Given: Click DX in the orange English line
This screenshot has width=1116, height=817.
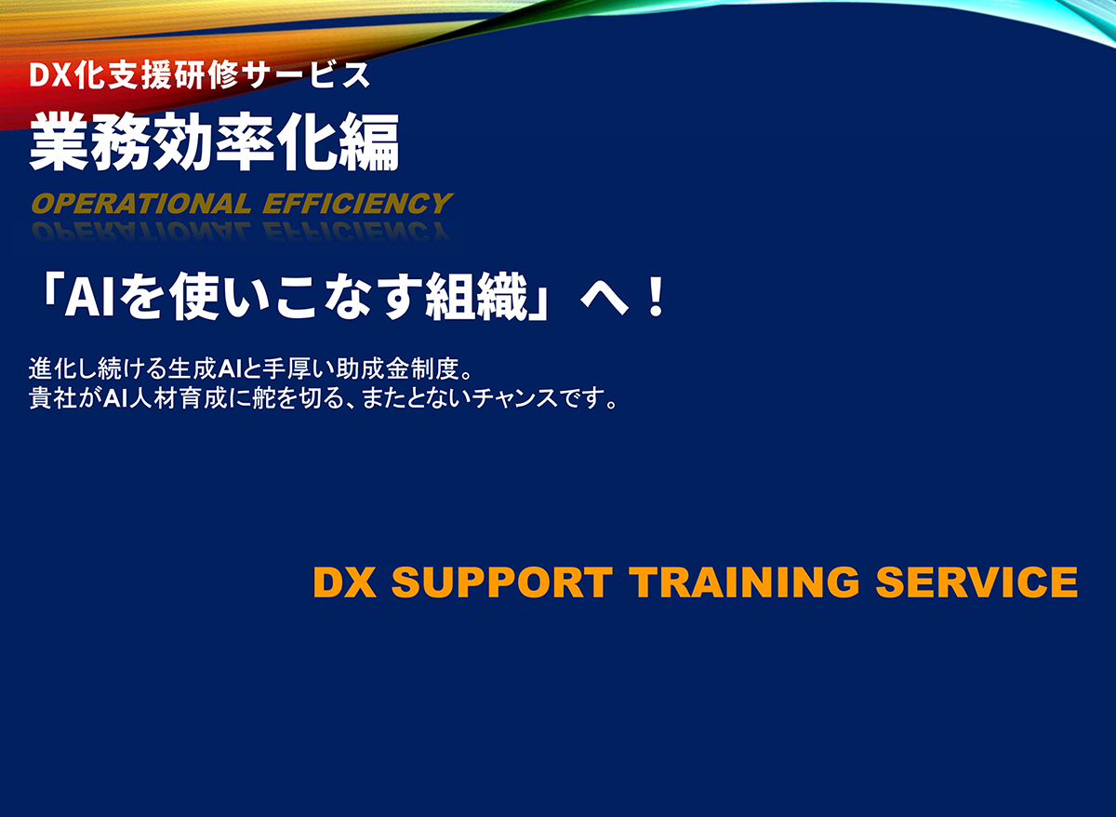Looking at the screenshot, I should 345,583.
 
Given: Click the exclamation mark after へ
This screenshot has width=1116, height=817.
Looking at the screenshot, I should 656,300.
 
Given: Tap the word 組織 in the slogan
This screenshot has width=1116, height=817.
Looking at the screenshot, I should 475,300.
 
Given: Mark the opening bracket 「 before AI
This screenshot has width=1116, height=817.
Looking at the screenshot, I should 46,300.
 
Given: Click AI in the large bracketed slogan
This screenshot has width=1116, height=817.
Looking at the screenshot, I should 90,300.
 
